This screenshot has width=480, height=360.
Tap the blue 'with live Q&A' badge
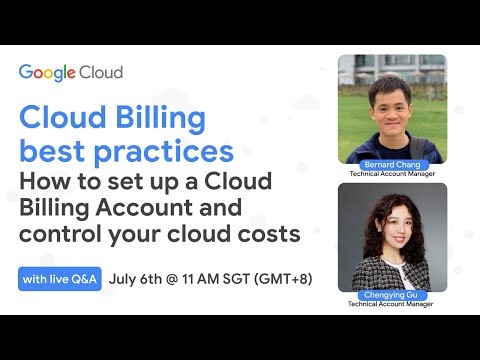[x=59, y=278]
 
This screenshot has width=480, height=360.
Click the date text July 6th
[x=141, y=278]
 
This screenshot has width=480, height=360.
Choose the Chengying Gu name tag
[x=392, y=297]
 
